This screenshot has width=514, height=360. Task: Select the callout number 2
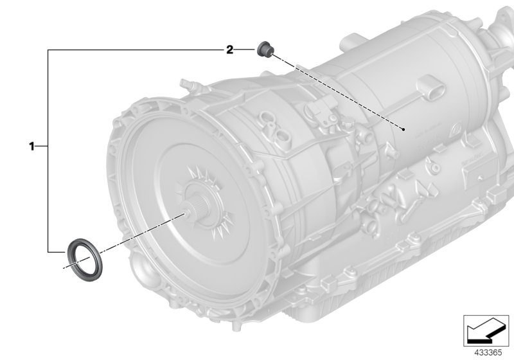[229, 50]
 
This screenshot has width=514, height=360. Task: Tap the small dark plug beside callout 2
[263, 48]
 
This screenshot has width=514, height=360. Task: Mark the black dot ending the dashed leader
[403, 129]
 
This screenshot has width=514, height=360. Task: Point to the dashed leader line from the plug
[334, 89]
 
